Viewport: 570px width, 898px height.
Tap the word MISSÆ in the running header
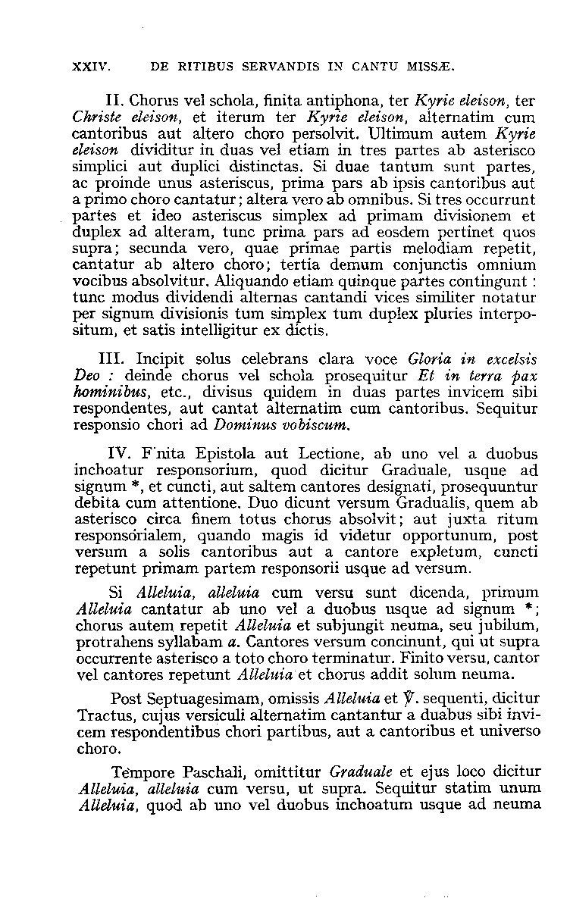[432, 66]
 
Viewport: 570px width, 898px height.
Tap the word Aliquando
[250, 280]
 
